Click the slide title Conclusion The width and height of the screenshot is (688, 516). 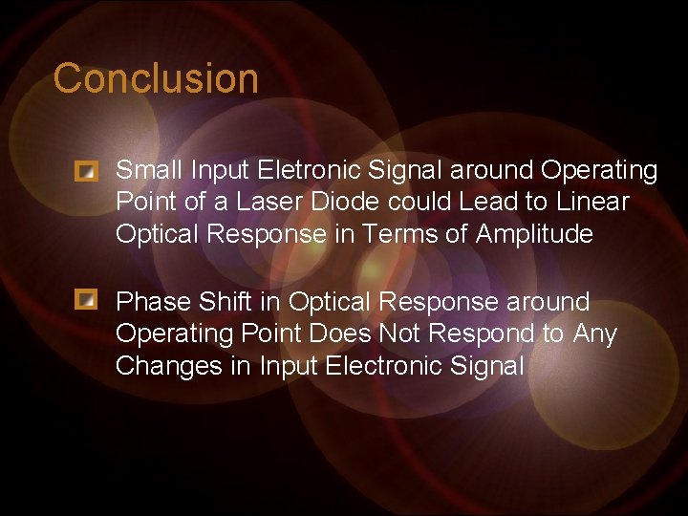click(156, 78)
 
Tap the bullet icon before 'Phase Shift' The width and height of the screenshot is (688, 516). click(87, 302)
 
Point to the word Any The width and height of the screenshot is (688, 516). click(594, 334)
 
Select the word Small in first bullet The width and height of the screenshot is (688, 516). click(149, 170)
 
